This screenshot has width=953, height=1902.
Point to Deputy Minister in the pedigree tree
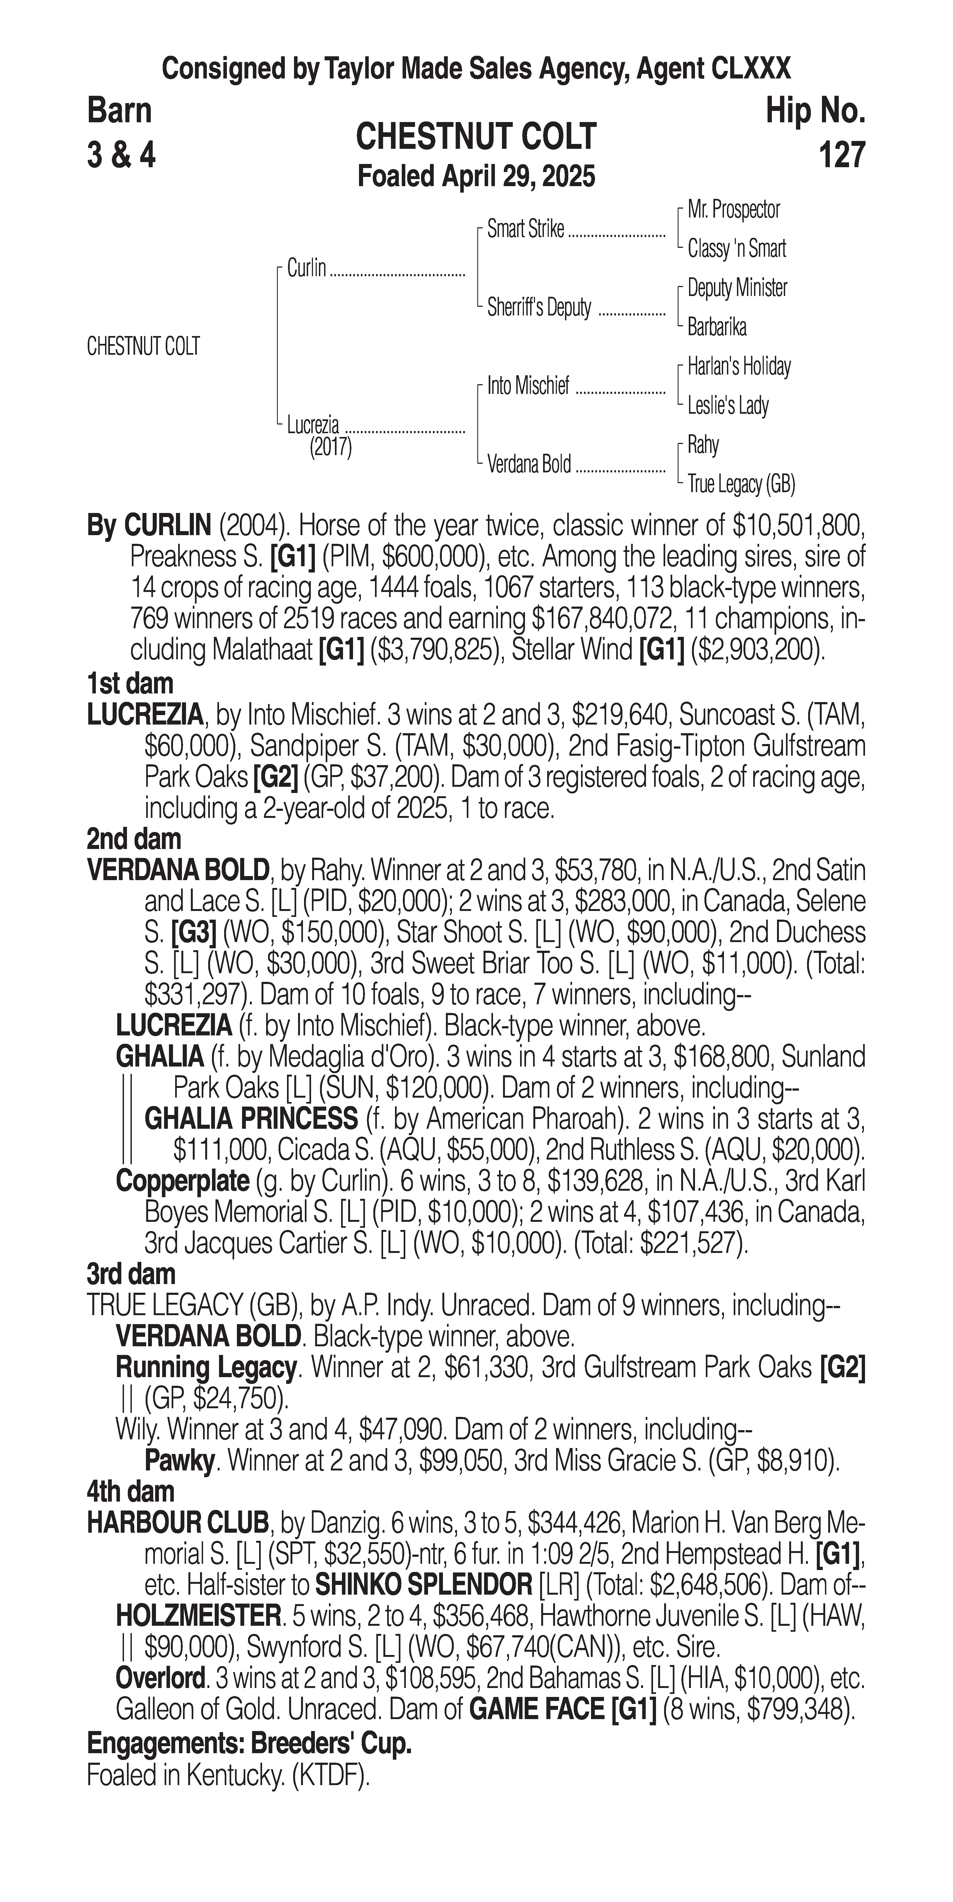click(x=736, y=288)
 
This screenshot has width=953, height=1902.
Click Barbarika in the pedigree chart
click(x=717, y=327)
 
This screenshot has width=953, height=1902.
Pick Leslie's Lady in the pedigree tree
click(x=728, y=405)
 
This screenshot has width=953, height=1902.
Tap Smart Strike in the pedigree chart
click(x=525, y=230)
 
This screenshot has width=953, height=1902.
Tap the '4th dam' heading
click(x=131, y=1492)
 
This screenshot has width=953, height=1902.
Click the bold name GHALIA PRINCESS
click(x=250, y=1119)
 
